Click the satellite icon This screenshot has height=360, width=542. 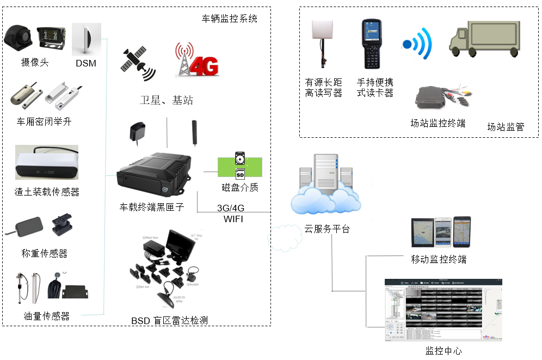coord(137,63)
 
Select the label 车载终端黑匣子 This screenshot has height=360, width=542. coord(152,208)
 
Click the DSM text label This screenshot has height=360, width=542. coord(86,64)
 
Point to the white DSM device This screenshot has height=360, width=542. coord(87,39)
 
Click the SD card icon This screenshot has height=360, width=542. coord(239,173)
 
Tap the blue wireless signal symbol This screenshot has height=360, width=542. coord(417,44)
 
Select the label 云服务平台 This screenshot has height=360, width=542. coord(326,229)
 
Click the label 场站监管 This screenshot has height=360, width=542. coord(506,127)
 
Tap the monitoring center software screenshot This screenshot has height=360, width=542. coord(443,310)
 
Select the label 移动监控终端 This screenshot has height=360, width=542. coord(439,259)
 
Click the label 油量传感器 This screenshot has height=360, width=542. coord(46,316)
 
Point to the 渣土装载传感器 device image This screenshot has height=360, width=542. coord(47,162)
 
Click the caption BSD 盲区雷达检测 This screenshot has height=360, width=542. coord(169,321)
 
